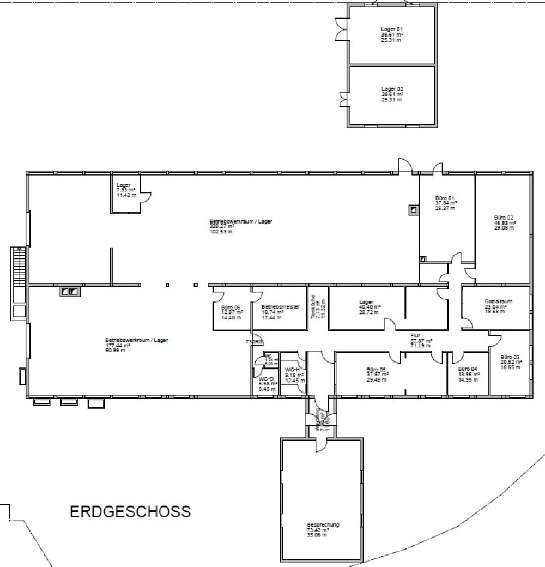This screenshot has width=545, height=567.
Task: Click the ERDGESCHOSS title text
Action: [130, 512]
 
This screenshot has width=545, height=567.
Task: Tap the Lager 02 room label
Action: [392, 88]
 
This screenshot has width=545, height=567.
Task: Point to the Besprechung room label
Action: [323, 525]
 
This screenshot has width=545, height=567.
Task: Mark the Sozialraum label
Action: [499, 301]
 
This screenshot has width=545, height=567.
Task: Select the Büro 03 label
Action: [510, 357]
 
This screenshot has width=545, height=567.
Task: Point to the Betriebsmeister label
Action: [281, 307]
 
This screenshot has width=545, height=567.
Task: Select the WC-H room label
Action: [292, 370]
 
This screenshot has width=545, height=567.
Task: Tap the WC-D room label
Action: [266, 378]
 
